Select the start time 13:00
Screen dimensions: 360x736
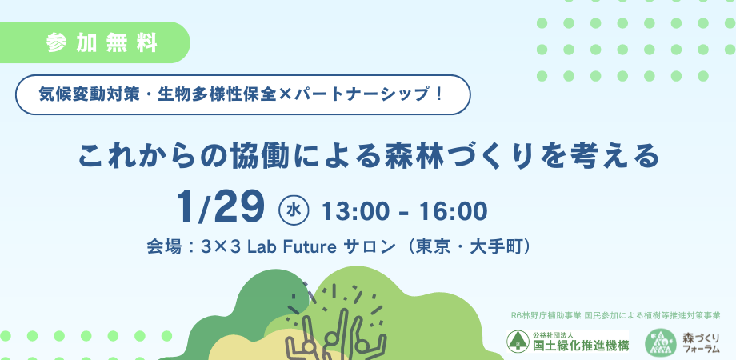352,211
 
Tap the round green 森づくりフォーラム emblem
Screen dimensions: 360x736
659,342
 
